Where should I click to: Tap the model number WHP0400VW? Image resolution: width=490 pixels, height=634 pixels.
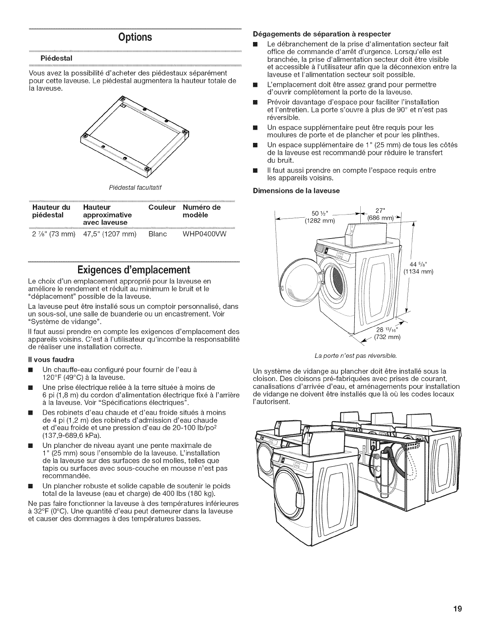point(205,234)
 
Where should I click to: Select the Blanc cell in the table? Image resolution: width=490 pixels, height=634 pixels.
point(157,234)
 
